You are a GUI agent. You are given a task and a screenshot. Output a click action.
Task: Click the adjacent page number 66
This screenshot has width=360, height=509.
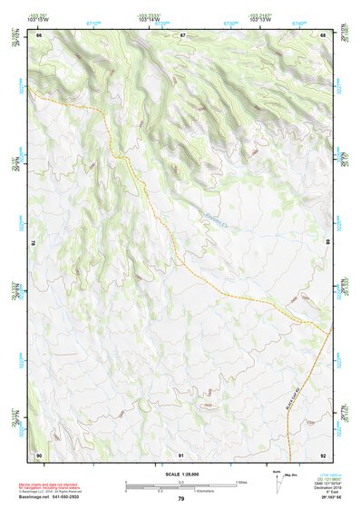39,34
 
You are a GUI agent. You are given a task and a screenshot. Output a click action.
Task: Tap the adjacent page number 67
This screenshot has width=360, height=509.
181,34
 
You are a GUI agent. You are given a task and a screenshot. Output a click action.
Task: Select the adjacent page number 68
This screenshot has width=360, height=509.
323,34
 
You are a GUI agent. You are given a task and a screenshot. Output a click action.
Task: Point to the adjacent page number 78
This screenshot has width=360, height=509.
34,244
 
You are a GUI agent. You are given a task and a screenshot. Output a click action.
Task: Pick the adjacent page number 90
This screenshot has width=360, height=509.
39,454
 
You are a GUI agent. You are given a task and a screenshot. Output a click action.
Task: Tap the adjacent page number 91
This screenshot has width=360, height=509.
181,454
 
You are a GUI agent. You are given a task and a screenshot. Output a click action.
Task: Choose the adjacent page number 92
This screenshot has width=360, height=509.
323,454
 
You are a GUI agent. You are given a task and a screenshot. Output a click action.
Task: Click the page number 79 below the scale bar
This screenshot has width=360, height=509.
180,499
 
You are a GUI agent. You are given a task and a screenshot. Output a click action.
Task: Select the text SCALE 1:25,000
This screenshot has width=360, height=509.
180,475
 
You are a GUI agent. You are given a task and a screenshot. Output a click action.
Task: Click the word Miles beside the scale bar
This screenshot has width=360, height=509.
240,482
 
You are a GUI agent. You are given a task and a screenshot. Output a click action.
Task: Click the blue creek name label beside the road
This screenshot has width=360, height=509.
210,215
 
